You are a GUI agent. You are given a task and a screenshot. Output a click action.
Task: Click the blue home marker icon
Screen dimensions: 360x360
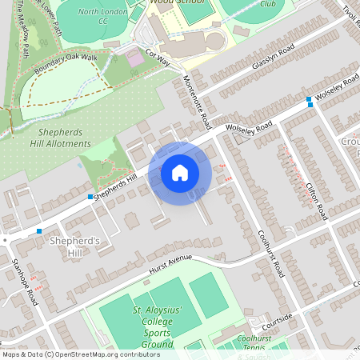[x=180, y=173]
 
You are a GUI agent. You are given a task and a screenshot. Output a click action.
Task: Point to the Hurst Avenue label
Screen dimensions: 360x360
[x=170, y=268]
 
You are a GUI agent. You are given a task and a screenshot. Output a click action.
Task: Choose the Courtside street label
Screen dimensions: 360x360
[x=277, y=318]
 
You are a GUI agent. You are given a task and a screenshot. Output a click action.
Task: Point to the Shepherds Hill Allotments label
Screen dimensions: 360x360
[x=56, y=138]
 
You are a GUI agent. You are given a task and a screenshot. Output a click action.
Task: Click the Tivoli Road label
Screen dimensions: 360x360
[x=350, y=13]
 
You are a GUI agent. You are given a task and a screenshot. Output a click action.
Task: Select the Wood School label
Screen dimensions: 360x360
[x=182, y=3]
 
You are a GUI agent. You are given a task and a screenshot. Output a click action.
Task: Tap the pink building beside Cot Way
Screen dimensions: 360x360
[x=136, y=58]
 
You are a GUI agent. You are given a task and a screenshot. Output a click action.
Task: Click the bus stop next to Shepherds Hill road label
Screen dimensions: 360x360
[x=90, y=197]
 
